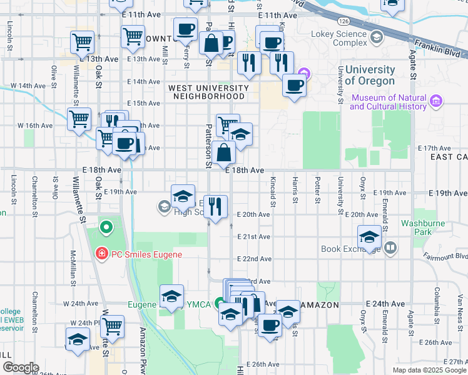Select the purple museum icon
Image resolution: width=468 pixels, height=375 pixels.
[437, 100]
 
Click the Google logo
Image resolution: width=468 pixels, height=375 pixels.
[20, 367]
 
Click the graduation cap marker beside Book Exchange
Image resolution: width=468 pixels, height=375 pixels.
[370, 237]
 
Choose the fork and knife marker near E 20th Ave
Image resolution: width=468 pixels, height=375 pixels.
[216, 206]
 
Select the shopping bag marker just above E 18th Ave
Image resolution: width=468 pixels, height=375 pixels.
[224, 152]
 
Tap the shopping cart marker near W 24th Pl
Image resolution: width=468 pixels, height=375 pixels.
[112, 326]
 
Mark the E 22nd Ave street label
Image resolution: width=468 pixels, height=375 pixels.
[253, 259]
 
